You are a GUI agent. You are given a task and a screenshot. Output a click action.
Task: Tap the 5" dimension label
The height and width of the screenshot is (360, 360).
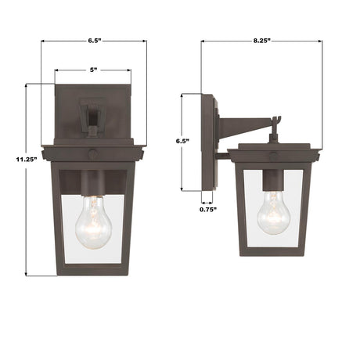(x=93, y=70)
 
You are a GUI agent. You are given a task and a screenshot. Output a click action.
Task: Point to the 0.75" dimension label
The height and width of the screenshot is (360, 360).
(x=207, y=209)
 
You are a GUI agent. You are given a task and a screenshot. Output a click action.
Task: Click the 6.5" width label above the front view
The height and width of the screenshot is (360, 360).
(x=93, y=38)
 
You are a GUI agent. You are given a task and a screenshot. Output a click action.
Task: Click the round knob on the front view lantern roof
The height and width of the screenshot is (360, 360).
(x=93, y=154)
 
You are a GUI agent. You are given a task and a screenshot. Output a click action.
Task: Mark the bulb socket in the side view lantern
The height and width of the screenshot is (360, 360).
(x=273, y=182)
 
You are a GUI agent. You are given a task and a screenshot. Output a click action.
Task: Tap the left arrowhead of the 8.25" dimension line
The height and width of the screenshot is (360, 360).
(x=203, y=38)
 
